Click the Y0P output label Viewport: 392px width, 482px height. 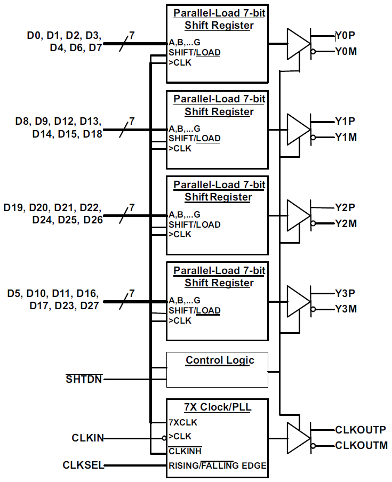(x=346, y=36)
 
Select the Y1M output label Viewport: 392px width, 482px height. (x=346, y=138)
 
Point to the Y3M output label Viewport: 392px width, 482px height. (x=346, y=309)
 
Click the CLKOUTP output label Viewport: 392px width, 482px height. (x=360, y=430)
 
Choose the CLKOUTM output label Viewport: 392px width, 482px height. (x=361, y=445)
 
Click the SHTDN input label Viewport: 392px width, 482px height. (x=84, y=380)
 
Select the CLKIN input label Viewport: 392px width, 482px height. (x=87, y=438)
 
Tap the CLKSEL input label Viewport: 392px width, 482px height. (x=83, y=465)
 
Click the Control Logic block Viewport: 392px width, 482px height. (x=217, y=369)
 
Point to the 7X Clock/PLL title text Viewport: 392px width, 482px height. (x=218, y=407)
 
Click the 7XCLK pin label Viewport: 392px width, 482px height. (x=183, y=422)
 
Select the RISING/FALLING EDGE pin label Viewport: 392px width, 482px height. (x=218, y=465)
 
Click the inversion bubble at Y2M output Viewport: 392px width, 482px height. (x=314, y=224)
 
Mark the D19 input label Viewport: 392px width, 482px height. (x=14, y=207)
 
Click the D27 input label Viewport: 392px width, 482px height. (x=89, y=306)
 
